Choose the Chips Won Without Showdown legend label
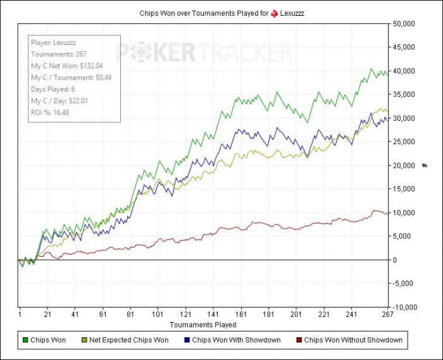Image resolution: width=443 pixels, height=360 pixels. (x=353, y=340)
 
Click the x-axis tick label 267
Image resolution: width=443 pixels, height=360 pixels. (x=387, y=314)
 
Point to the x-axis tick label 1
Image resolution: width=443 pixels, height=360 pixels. (x=20, y=314)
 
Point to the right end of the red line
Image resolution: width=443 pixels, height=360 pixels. (x=387, y=213)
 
